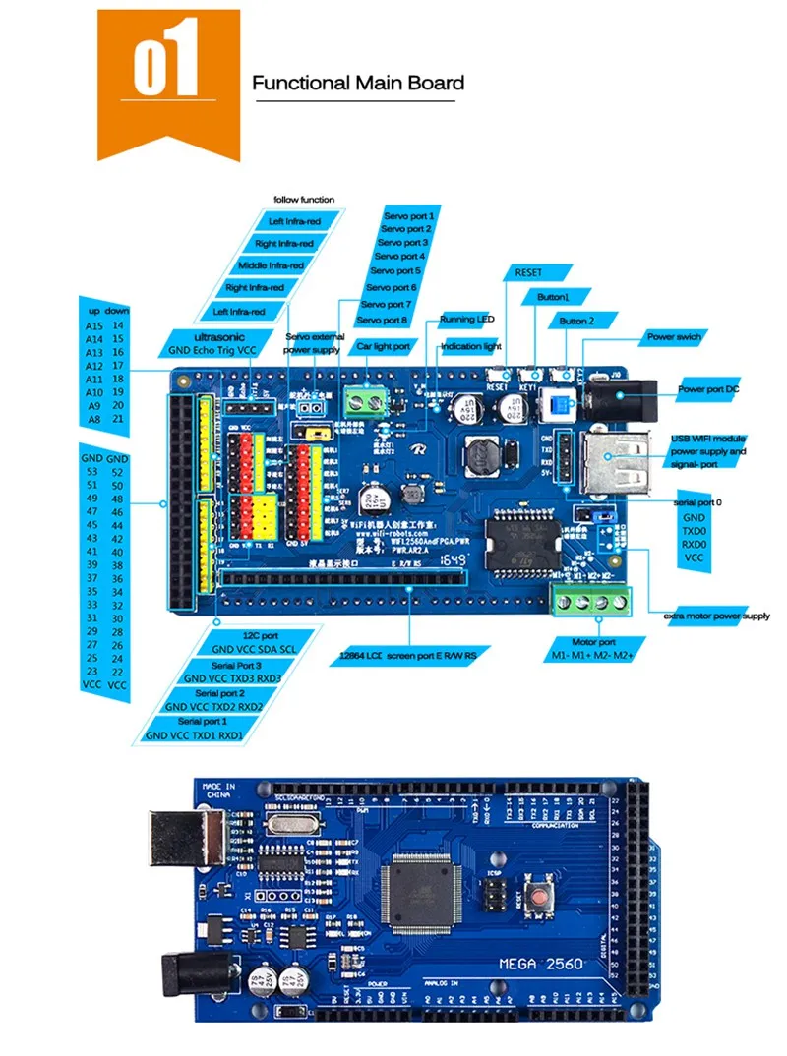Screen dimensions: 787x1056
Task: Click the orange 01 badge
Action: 168,81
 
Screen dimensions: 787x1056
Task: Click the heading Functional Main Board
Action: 358,83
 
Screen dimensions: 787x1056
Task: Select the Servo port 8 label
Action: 382,320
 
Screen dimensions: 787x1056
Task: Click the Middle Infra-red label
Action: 271,264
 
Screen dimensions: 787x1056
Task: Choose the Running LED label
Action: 466,320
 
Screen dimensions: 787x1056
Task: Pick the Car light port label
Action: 382,346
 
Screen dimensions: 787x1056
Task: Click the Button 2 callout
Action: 577,321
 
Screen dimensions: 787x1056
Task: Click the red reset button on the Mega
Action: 538,895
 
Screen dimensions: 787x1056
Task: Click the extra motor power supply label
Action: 717,616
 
